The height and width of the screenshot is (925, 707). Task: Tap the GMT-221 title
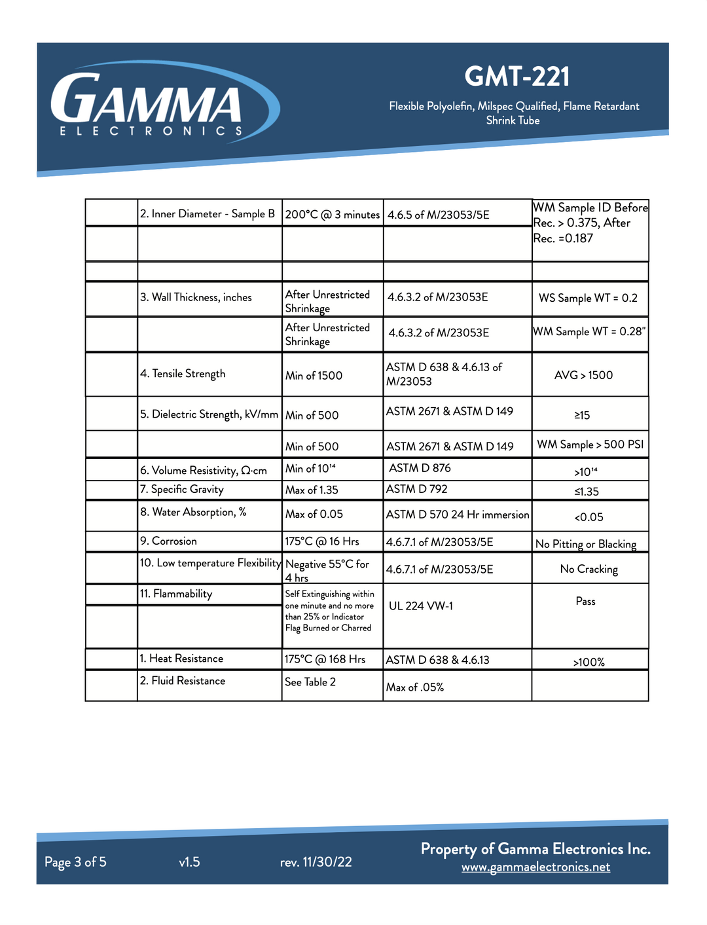pyautogui.click(x=517, y=77)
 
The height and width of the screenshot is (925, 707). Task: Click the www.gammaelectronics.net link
pyautogui.click(x=535, y=867)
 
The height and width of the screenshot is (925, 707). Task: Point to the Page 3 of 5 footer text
pyautogui.click(x=75, y=862)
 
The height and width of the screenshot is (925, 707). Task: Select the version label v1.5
pyautogui.click(x=189, y=862)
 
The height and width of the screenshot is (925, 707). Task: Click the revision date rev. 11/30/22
pyautogui.click(x=316, y=862)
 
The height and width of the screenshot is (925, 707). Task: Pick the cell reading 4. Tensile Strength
pyautogui.click(x=183, y=373)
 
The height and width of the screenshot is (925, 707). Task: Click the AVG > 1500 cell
pyautogui.click(x=583, y=375)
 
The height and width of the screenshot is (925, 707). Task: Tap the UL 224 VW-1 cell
pyautogui.click(x=420, y=606)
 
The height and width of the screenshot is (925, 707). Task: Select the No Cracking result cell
pyautogui.click(x=589, y=569)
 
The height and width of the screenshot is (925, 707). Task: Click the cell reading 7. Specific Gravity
pyautogui.click(x=182, y=489)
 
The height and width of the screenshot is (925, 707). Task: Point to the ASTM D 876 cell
pyautogui.click(x=420, y=468)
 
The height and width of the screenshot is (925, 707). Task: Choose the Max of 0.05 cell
pyautogui.click(x=314, y=514)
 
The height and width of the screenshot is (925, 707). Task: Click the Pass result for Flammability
pyautogui.click(x=585, y=601)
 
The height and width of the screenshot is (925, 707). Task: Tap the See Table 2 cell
pyautogui.click(x=310, y=681)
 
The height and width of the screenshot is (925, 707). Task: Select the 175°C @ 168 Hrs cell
pyautogui.click(x=325, y=659)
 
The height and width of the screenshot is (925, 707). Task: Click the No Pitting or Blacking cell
pyautogui.click(x=585, y=544)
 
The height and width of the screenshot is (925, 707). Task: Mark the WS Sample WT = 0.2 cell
pyautogui.click(x=588, y=298)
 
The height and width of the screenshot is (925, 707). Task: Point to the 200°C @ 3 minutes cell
pyautogui.click(x=333, y=214)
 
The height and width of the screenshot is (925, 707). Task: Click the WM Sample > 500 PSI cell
pyautogui.click(x=590, y=444)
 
